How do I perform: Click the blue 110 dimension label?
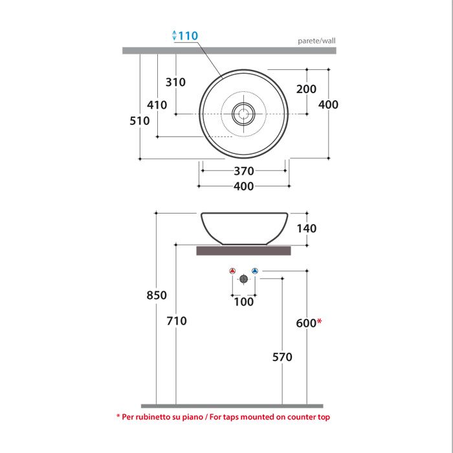pos(188,36)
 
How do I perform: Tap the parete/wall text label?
pos(316,41)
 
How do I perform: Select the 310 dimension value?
pos(175,82)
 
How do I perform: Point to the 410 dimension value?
pos(157,105)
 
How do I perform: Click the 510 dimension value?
pos(140,121)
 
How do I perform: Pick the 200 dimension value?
pos(306,89)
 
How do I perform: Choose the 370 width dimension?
pos(244,171)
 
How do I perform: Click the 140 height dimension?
pos(307,228)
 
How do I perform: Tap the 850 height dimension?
pos(157,295)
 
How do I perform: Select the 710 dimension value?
pos(177,321)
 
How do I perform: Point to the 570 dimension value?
pos(282,357)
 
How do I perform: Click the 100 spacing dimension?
pos(244,302)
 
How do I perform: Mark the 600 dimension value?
pos(306,324)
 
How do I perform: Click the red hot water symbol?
pos(232,271)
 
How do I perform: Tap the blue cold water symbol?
pos(254,271)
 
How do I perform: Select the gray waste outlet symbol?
pos(243,279)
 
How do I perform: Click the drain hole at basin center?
pos(243,114)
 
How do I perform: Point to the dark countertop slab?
pos(243,250)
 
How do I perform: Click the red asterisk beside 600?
pos(319,320)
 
